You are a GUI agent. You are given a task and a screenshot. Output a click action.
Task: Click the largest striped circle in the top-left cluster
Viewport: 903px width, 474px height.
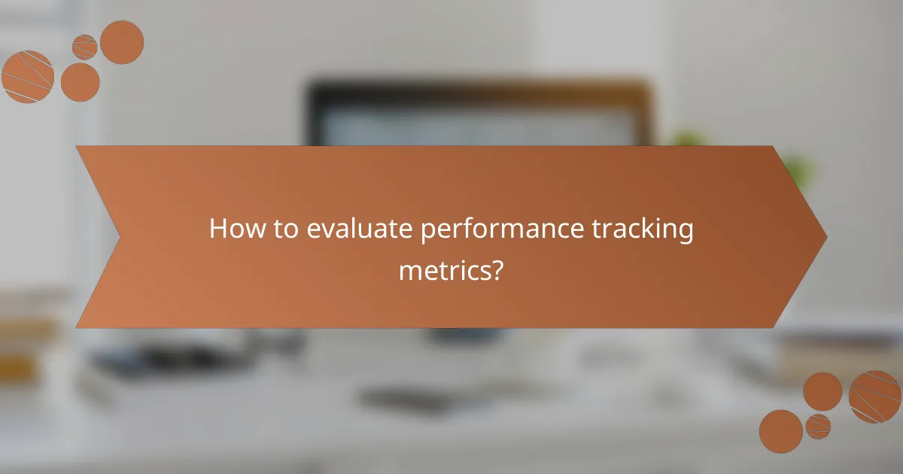tap(27, 77)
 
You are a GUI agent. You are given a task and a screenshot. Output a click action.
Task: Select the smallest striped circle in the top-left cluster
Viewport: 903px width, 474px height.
tap(85, 47)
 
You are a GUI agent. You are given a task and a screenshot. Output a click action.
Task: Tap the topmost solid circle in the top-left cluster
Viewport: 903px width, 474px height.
tap(122, 42)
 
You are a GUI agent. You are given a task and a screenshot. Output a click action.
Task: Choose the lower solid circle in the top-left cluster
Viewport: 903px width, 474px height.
tap(81, 82)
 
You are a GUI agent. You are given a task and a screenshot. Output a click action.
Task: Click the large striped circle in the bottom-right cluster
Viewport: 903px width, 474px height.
tap(874, 396)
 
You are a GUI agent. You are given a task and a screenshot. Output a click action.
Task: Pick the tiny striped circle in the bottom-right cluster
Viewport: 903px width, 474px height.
tap(818, 426)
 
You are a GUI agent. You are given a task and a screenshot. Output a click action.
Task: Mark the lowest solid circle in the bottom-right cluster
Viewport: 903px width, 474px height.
tap(780, 431)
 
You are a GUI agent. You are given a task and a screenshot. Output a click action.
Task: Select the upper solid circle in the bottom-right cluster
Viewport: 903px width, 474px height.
tap(822, 391)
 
